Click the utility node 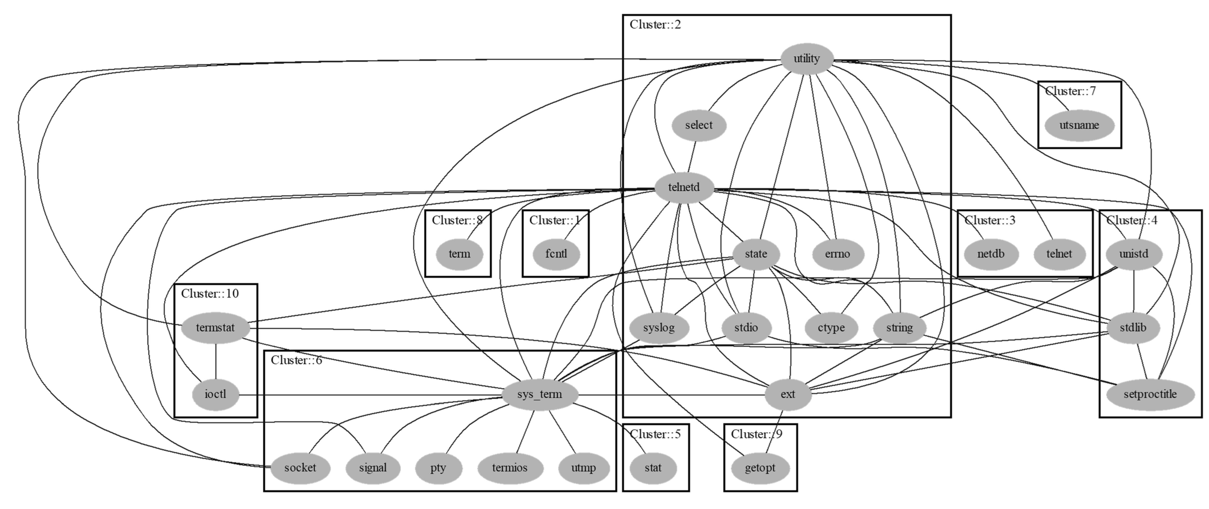(x=806, y=59)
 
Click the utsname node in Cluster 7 (x=1079, y=125)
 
